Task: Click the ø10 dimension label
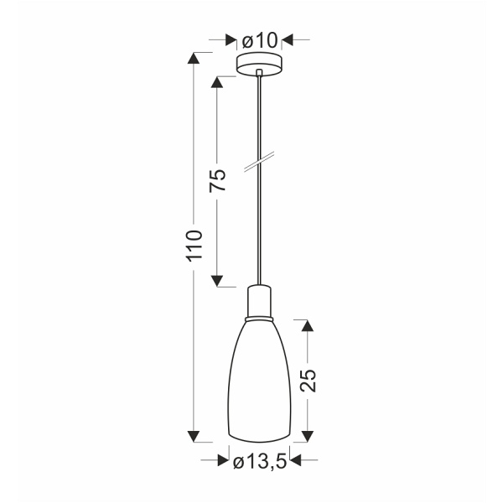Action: (259, 39)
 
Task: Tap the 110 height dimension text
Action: (194, 245)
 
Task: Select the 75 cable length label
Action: (217, 181)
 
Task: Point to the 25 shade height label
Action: (307, 381)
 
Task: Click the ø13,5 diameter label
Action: (260, 460)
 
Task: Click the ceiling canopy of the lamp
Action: (260, 63)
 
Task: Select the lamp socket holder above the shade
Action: (260, 303)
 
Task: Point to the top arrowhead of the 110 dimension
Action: (194, 59)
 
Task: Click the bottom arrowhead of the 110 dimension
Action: (194, 435)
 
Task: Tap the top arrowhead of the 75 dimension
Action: (217, 82)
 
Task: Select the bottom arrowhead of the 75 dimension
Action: (217, 280)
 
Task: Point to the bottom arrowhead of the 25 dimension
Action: (307, 435)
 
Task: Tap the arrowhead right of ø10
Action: (288, 39)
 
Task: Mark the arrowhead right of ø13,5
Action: (298, 459)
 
